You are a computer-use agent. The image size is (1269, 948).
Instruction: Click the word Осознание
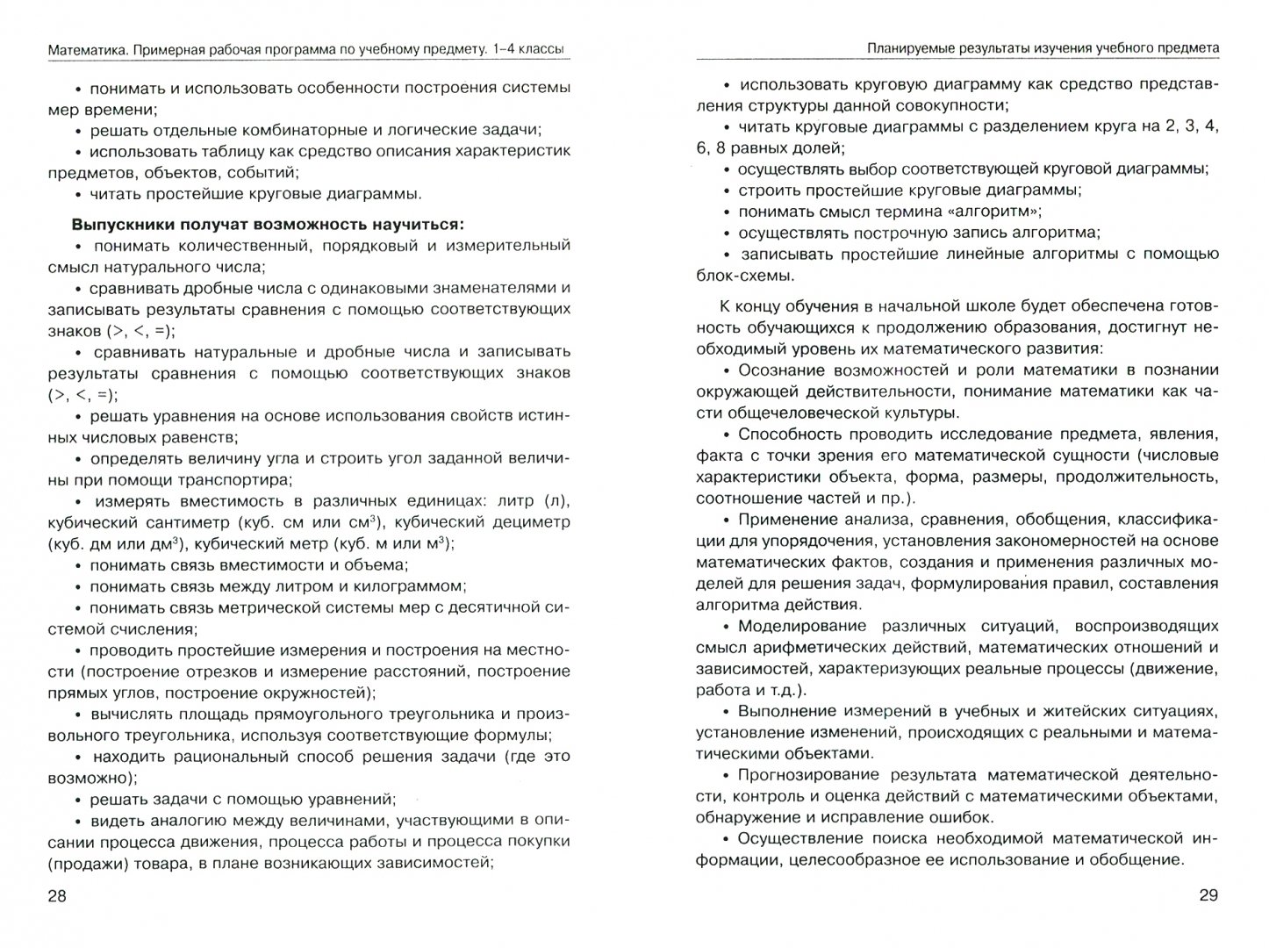point(780,370)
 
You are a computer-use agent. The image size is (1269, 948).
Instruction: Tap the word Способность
point(790,434)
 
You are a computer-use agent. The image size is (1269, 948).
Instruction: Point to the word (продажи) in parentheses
point(84,862)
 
